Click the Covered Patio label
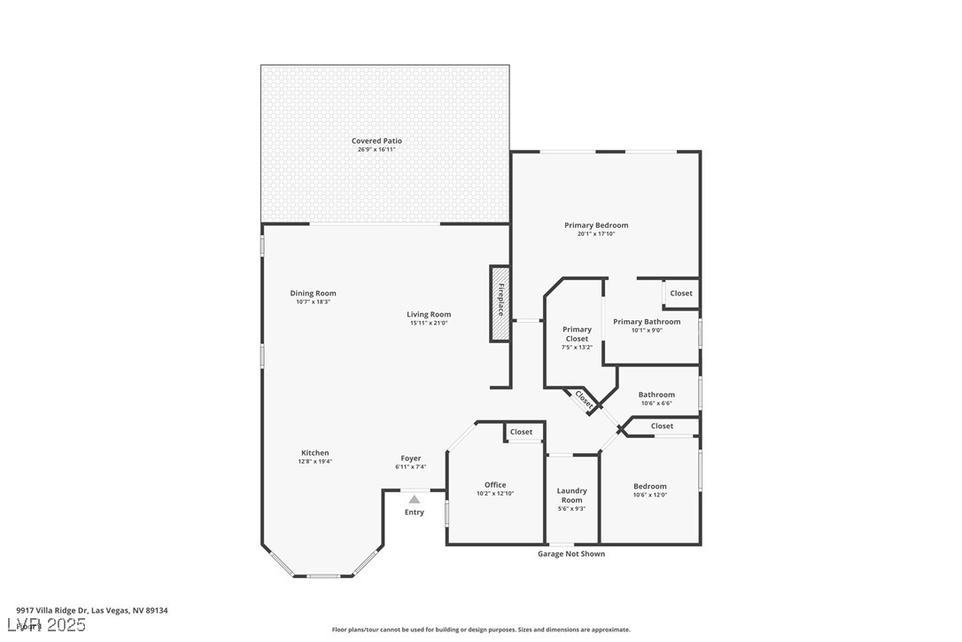[376, 141]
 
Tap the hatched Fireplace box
[500, 302]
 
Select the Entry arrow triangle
[414, 499]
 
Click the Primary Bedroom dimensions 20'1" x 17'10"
[596, 234]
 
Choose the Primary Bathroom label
[647, 322]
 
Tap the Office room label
[495, 485]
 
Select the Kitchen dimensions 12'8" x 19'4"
[314, 461]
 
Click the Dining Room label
[313, 294]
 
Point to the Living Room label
[429, 314]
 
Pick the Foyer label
[410, 458]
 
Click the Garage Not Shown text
[571, 554]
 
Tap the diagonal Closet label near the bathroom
[585, 399]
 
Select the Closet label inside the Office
[522, 432]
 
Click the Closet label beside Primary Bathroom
[681, 294]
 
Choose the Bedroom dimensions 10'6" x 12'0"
[649, 495]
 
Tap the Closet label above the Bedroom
[662, 427]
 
